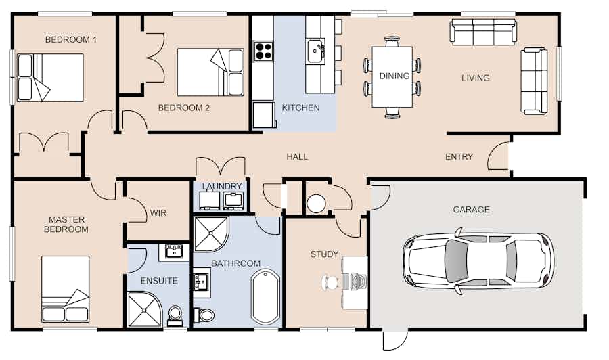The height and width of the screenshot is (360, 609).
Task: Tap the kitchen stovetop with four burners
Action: (x=263, y=51)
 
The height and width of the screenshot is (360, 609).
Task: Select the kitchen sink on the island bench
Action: (x=315, y=51)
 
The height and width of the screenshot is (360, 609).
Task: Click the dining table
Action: (x=392, y=77)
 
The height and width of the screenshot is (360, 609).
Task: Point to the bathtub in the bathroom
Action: (x=266, y=296)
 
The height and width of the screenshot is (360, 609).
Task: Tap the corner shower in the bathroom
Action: (x=211, y=234)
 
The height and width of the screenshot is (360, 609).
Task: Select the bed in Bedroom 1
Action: (x=50, y=77)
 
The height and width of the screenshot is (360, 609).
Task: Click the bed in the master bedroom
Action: (x=65, y=289)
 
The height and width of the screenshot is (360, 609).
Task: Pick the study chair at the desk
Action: (x=330, y=282)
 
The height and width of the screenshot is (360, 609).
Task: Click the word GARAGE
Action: (x=471, y=210)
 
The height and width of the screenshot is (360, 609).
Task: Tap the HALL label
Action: (x=297, y=157)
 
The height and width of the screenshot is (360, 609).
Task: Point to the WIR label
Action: (x=158, y=212)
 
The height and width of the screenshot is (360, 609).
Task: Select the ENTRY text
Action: (x=459, y=156)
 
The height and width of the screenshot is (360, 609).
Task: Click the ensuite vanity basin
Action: (x=174, y=252)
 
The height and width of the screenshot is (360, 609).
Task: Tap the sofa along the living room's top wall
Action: (x=483, y=32)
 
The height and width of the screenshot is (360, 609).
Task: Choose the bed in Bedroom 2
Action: (x=210, y=72)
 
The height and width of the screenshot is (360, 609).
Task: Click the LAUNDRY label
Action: (x=222, y=186)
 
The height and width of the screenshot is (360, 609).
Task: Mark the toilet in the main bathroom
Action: (x=204, y=315)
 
